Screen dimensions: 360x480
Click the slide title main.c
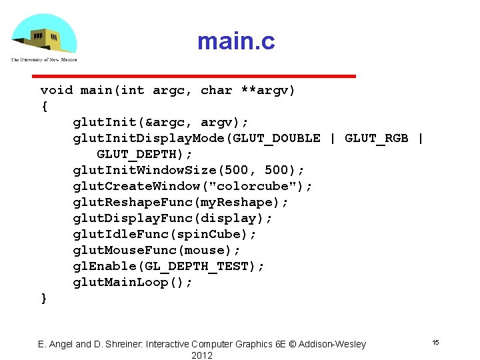235,42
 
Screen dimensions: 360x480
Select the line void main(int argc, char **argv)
167,90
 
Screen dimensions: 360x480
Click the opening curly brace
44,106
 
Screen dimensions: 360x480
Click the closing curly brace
44,298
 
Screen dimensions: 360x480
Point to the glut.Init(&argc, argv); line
161,122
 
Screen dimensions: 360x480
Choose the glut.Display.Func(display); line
173,218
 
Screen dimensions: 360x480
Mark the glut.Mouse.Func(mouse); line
157,250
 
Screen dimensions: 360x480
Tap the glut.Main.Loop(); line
133,282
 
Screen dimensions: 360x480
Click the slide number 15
435,342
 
